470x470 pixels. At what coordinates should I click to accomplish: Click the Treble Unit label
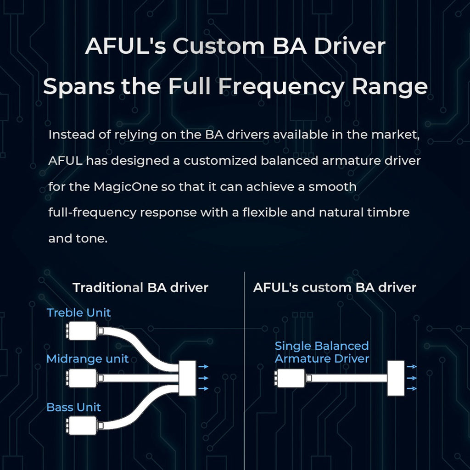(78, 313)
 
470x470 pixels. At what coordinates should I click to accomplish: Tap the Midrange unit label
(87, 359)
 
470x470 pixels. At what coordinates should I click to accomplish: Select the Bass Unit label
(73, 407)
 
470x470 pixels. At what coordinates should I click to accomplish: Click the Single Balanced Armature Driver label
(321, 352)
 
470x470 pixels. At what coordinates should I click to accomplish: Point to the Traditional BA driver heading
(140, 288)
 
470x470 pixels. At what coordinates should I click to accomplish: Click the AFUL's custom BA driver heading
(334, 288)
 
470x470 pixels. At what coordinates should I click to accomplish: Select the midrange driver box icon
(83, 377)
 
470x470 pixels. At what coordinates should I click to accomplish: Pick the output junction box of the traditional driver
(187, 378)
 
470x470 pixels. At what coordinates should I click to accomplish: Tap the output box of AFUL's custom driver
(395, 378)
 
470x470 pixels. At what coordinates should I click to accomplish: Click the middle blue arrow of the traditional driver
(203, 378)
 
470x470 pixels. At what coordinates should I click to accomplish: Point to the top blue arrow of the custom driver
(412, 367)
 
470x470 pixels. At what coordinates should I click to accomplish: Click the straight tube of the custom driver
(349, 378)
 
